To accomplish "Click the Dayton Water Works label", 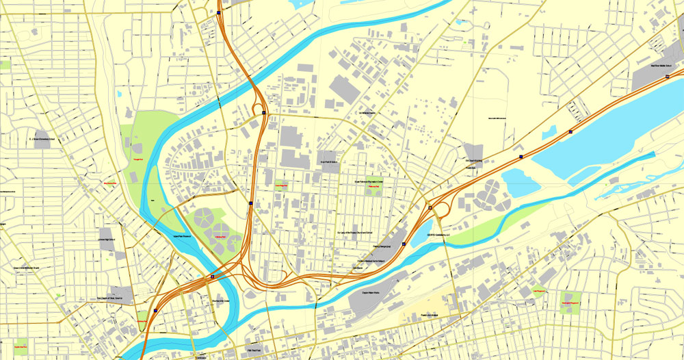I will (x=371, y=292).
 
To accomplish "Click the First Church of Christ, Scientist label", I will (x=113, y=298).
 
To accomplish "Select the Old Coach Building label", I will (x=474, y=161).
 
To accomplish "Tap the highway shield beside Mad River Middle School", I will (x=668, y=78).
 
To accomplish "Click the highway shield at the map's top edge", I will (x=218, y=11).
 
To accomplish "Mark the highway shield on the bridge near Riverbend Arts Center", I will (x=212, y=277).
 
